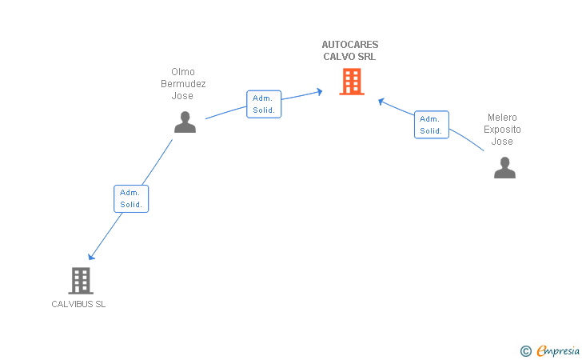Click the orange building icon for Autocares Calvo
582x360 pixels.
[352, 82]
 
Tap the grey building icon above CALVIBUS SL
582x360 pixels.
[81, 281]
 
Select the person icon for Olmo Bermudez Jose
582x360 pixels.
[185, 122]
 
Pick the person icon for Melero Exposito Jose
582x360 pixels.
[504, 167]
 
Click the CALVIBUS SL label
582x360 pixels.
[78, 304]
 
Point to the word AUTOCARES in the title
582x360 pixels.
[350, 45]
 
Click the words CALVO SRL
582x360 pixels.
[349, 57]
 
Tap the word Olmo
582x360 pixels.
[183, 72]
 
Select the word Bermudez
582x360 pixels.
[183, 83]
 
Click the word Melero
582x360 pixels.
[502, 118]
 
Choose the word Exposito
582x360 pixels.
[502, 130]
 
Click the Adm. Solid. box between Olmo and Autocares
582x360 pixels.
[264, 104]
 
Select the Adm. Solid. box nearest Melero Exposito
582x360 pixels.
[432, 125]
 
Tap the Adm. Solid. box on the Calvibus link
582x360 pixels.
[131, 198]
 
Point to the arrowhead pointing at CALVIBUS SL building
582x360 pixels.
[91, 256]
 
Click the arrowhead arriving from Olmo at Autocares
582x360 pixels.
[319, 91]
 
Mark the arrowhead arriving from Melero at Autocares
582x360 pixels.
[381, 101]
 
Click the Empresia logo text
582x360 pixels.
[558, 350]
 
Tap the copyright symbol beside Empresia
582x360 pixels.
[525, 351]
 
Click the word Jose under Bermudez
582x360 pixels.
[182, 96]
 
